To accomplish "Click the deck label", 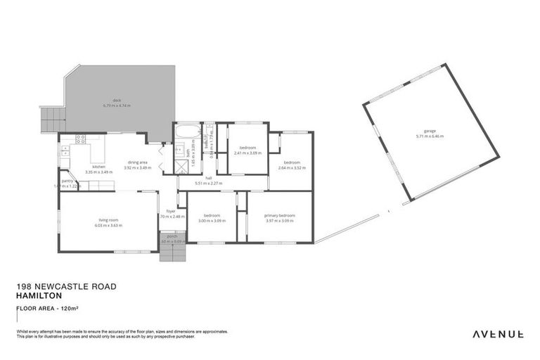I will point(117,101).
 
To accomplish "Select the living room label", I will point(108,221).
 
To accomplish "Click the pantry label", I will point(68,181).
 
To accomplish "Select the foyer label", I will point(171,211).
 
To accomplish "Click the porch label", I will point(173,237).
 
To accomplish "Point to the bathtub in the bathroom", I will point(188,131).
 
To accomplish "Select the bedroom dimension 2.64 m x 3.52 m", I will point(292,167).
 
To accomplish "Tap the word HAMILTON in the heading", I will point(37,296).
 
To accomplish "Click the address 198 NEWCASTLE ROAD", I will point(66,287).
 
